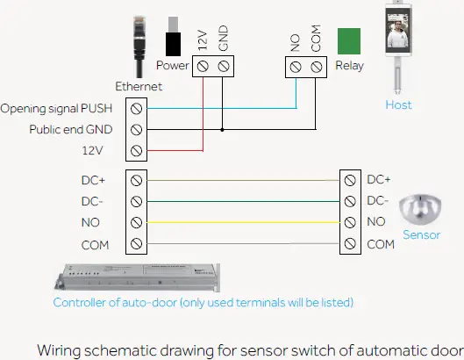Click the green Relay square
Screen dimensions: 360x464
[349, 41]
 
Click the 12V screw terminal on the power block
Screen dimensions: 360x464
[203, 66]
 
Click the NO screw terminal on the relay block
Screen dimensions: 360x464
[295, 66]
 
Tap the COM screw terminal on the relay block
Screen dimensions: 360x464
[316, 66]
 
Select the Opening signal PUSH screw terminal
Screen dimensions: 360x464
[136, 108]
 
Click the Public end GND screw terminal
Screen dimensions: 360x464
[136, 129]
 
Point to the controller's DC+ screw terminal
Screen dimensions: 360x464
[136, 179]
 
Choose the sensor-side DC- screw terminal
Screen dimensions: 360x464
[351, 200]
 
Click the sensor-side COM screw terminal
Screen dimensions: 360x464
[351, 243]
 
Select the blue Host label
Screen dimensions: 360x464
[398, 105]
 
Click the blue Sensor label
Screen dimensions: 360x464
[421, 235]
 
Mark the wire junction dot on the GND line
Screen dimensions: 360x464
[223, 129]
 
